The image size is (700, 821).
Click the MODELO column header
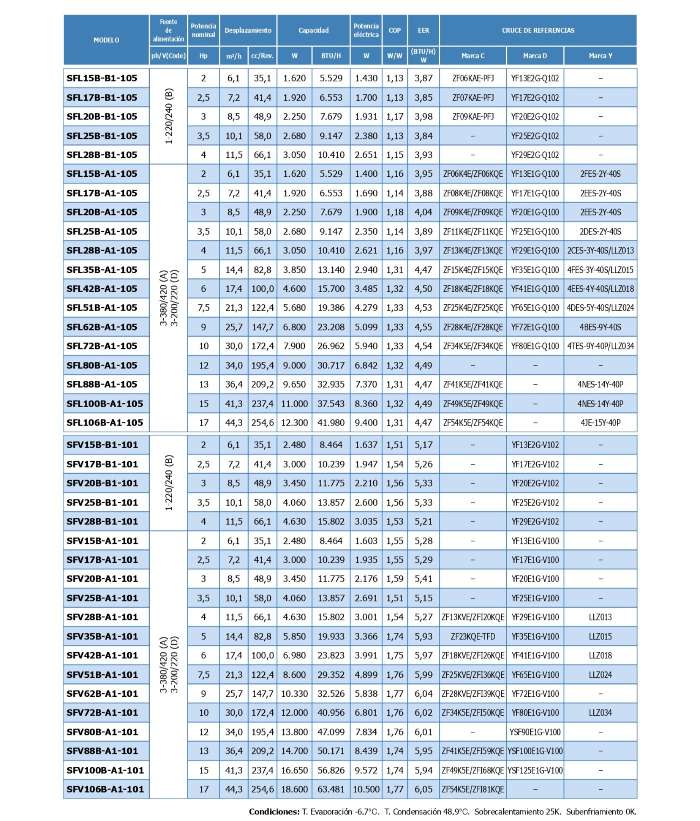coord(106,40)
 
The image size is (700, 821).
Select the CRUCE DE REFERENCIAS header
coord(537,30)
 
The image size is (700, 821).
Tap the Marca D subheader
coord(535,56)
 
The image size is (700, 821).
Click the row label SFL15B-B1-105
coord(102,78)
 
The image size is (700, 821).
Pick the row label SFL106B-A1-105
coord(105,423)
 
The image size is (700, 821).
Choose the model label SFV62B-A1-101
coord(102,693)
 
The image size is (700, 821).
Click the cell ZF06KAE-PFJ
coord(473,78)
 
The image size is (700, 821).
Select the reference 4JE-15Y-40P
coord(600,423)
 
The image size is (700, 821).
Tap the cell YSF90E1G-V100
coord(535,732)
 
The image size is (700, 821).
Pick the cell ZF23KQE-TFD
coord(473,636)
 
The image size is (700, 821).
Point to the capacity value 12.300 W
coord(294,423)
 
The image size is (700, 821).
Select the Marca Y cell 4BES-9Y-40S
coord(600,327)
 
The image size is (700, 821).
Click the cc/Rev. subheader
coord(262,56)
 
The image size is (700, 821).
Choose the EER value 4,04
coord(423,212)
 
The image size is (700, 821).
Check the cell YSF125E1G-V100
coord(535,770)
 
